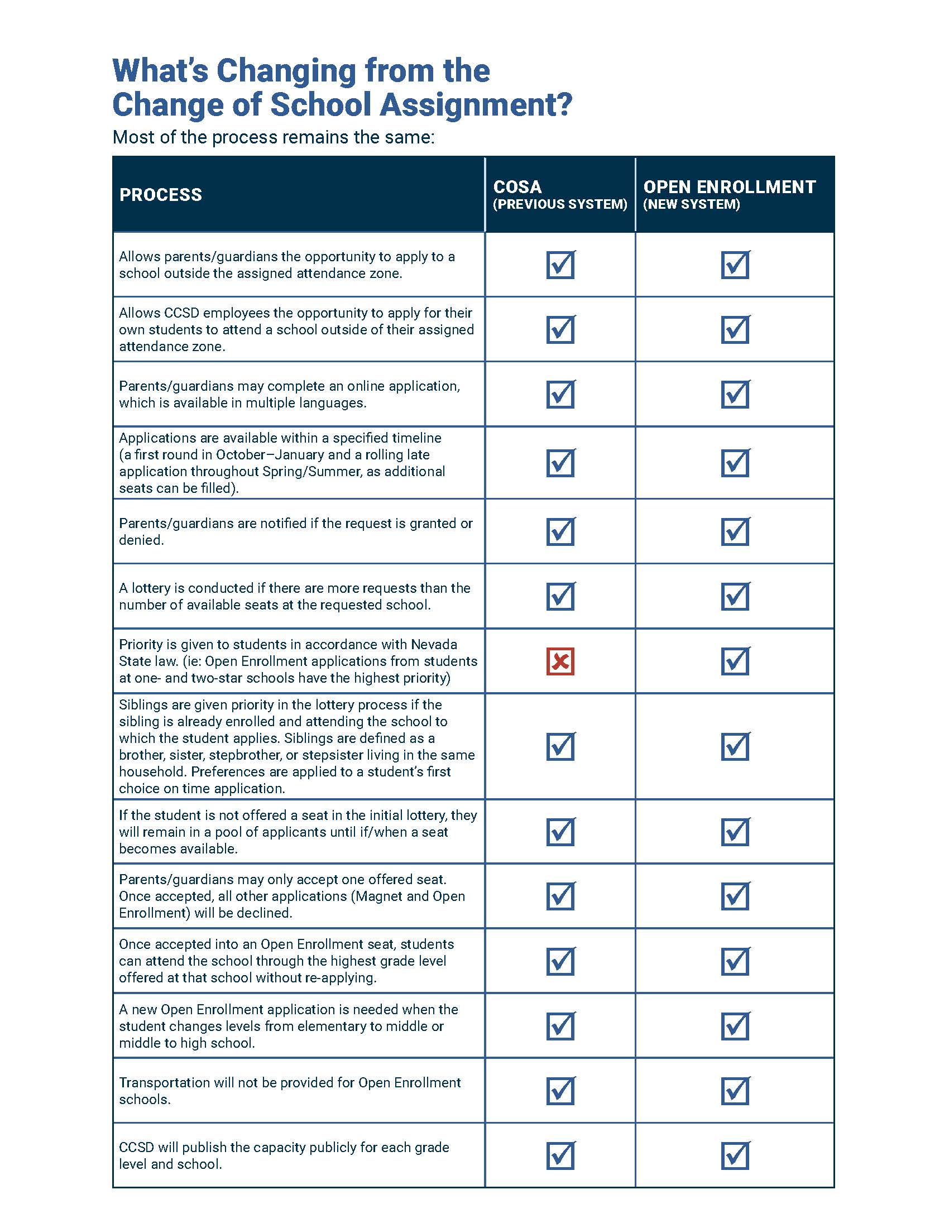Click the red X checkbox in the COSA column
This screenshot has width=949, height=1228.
(560, 661)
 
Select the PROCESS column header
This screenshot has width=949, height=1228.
(160, 195)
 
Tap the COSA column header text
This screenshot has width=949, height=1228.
(517, 186)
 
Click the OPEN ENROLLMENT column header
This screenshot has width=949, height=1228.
(729, 186)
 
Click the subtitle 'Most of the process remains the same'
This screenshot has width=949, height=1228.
(273, 137)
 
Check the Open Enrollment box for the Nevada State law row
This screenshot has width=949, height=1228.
(735, 661)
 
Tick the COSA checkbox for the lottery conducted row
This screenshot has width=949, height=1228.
(560, 597)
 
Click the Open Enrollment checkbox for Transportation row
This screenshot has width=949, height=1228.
(735, 1091)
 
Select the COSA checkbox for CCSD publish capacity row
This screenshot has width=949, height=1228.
(560, 1155)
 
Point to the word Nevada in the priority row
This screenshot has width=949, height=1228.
(434, 644)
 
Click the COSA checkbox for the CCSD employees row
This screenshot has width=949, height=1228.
(560, 329)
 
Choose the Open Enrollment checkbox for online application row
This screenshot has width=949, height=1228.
(735, 394)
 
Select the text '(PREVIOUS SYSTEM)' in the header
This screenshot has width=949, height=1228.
(560, 204)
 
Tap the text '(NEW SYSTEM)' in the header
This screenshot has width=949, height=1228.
(692, 204)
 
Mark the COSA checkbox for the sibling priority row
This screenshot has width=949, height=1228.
(560, 747)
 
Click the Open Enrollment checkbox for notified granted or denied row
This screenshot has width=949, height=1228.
(735, 532)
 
